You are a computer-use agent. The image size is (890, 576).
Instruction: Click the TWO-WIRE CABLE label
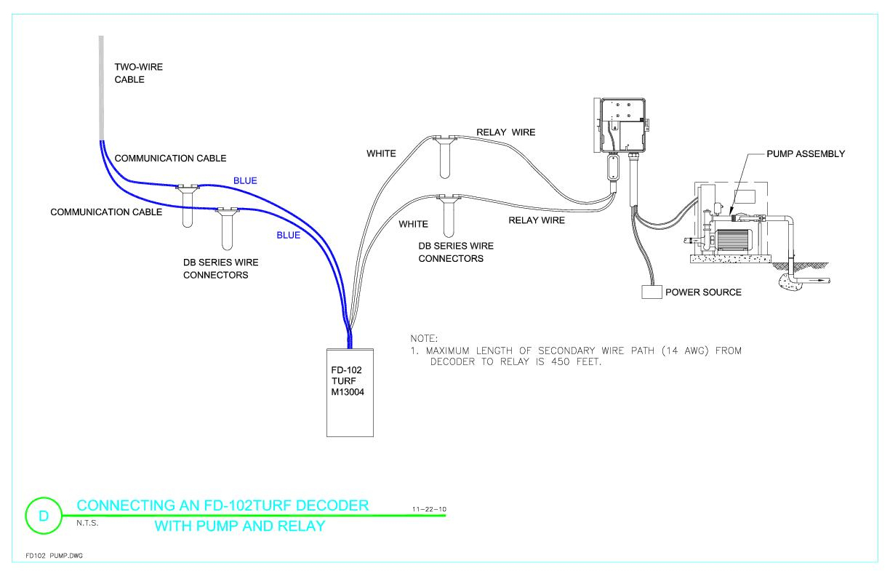click(139, 73)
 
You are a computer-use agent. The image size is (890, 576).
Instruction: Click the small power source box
click(652, 292)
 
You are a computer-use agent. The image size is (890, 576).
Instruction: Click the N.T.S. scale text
click(87, 523)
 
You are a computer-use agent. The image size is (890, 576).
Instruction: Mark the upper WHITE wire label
click(382, 153)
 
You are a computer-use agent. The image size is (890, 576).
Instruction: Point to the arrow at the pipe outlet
click(821, 279)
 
